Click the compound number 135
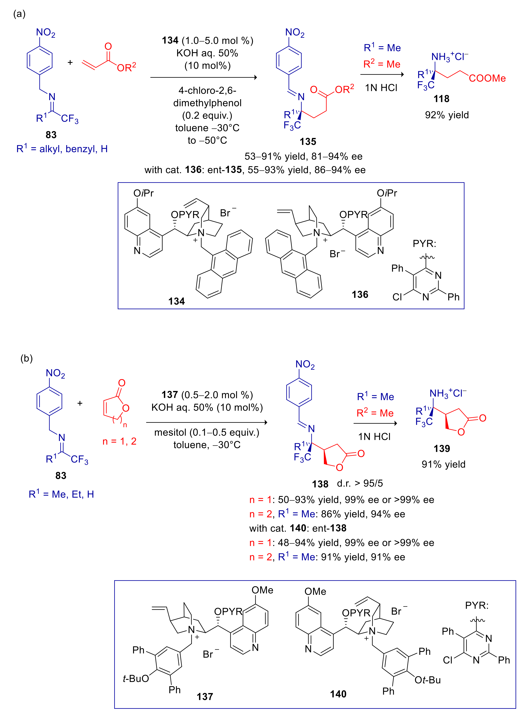tap(308, 141)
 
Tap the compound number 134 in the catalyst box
tap(176, 301)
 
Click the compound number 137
tap(205, 696)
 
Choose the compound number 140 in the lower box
tap(338, 694)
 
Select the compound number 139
tap(442, 448)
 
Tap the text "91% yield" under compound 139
tap(443, 464)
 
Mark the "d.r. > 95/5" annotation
tap(360, 483)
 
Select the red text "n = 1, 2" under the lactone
tap(119, 441)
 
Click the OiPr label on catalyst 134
tap(143, 193)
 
